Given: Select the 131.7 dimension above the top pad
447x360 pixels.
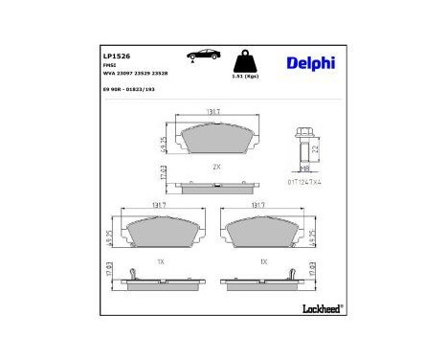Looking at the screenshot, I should point(215,113).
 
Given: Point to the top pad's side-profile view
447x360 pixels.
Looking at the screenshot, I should point(215,184).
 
